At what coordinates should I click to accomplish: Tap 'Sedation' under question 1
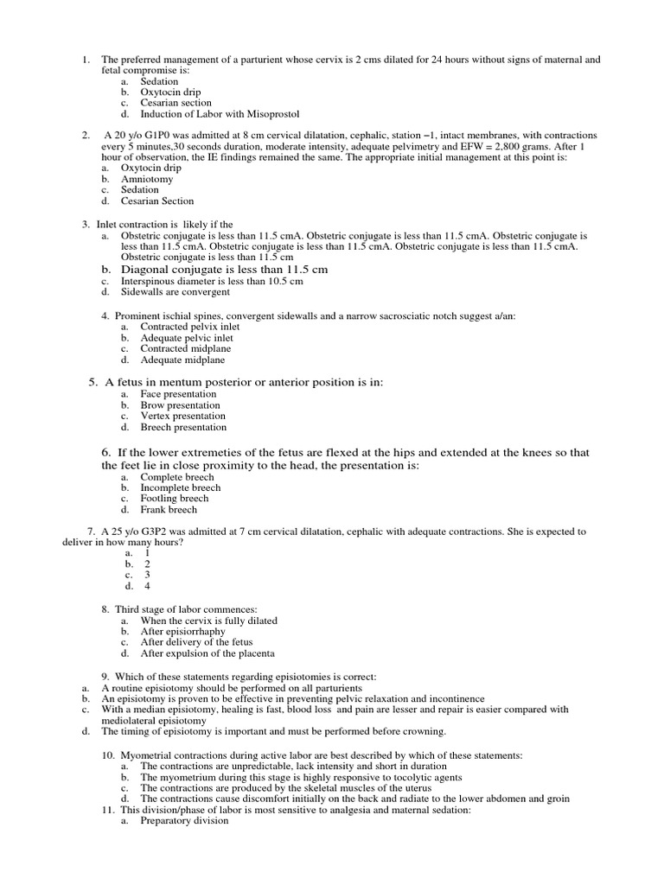(x=160, y=81)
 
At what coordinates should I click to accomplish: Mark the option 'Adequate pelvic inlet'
(x=187, y=338)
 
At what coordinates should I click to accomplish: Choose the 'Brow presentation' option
(x=180, y=405)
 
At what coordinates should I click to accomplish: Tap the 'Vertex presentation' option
(x=183, y=416)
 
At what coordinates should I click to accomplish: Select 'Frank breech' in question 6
(x=169, y=510)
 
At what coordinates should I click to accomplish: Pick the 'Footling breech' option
(x=175, y=499)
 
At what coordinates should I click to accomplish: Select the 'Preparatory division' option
(x=184, y=821)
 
